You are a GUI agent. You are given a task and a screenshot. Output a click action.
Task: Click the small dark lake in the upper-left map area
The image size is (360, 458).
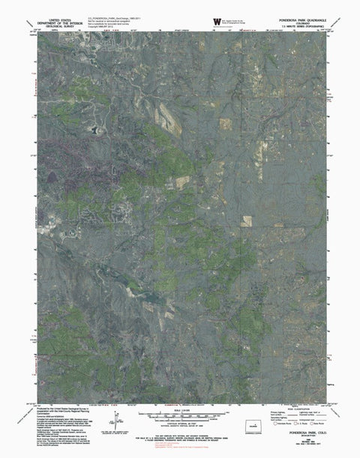pos(95,129)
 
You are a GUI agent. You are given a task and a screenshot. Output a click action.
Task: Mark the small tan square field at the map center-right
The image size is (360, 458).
pos(247,220)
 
